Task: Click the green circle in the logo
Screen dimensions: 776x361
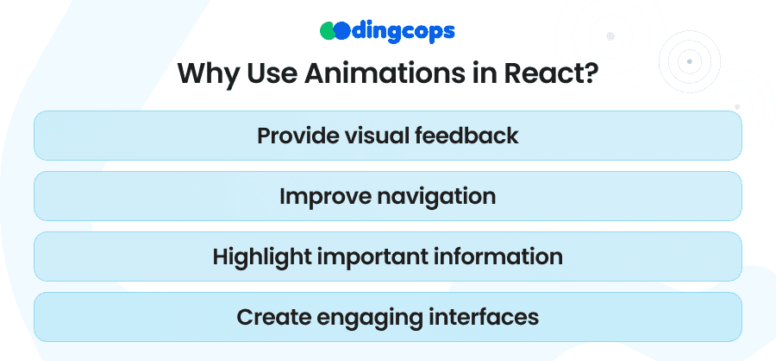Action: [x=328, y=31]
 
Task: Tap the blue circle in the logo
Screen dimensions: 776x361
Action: [x=341, y=31]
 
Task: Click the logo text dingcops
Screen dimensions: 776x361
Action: [x=403, y=32]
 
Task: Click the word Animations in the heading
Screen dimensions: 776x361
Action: [x=380, y=73]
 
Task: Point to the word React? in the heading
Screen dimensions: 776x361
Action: [x=551, y=73]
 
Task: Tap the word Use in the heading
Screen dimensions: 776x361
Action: [x=270, y=73]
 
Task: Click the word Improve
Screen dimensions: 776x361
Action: [x=323, y=196]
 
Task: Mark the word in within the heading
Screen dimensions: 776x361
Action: [x=480, y=73]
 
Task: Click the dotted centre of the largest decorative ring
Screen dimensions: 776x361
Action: [x=610, y=36]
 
